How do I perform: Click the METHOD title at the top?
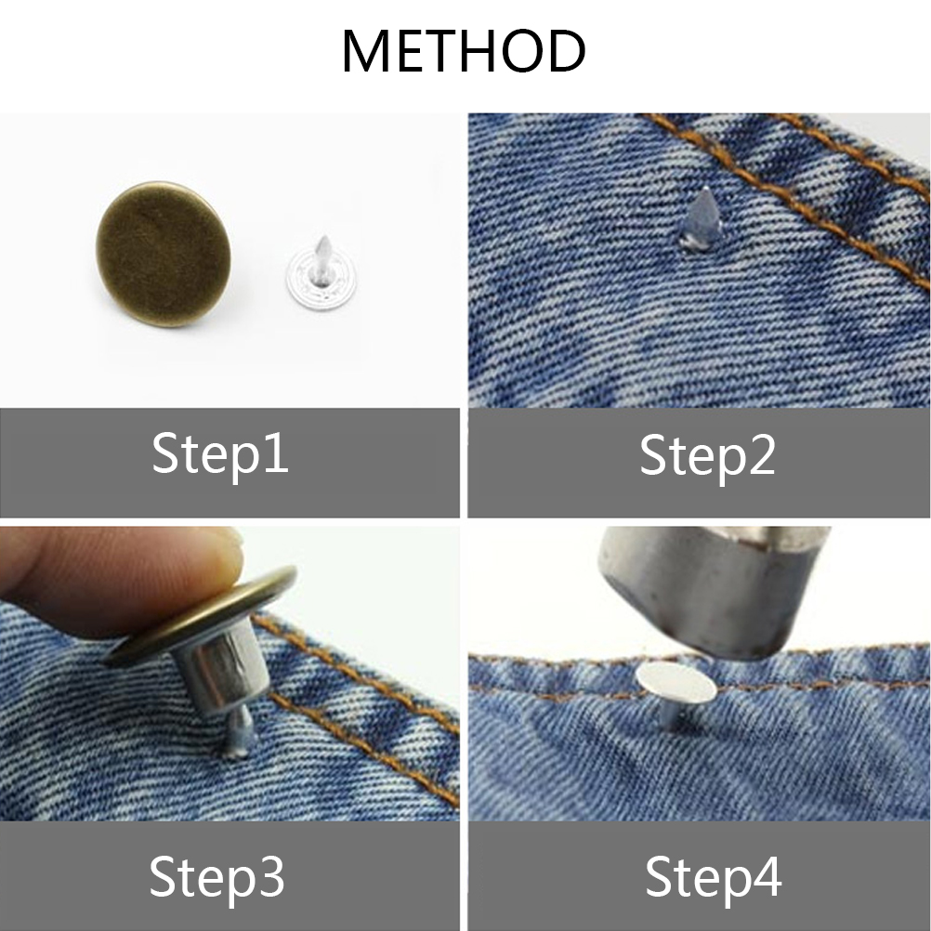coord(464,51)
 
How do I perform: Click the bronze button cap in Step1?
coord(164,254)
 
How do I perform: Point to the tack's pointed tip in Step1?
coord(324,237)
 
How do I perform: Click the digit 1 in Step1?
coord(277,453)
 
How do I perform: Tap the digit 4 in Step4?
coord(767,877)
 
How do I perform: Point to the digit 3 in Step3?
coord(271,877)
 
